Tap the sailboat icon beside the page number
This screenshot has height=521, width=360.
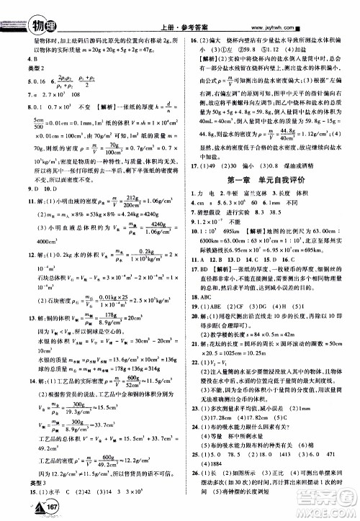click(x=15, y=504)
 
